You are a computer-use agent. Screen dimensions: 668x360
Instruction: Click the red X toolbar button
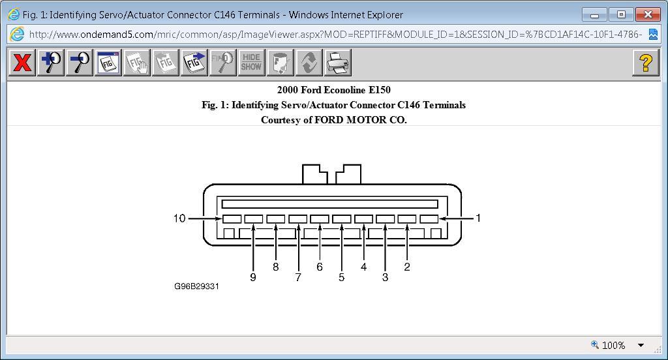(x=22, y=63)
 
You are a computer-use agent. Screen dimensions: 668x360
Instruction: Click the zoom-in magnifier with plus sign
(x=51, y=63)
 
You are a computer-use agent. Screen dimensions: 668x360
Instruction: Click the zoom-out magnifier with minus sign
(x=80, y=63)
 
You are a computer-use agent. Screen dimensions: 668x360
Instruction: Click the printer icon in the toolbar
(x=337, y=63)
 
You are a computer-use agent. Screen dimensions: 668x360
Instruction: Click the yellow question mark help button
(x=645, y=63)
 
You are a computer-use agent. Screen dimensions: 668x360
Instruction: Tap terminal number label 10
(x=179, y=218)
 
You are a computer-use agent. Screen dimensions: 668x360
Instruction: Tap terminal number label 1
(x=478, y=218)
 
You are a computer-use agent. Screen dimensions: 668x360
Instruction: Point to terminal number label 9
(x=253, y=277)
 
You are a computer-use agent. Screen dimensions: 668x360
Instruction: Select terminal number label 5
(x=341, y=277)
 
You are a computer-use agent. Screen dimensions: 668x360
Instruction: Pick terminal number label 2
(x=407, y=267)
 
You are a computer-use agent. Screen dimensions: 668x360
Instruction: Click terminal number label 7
(x=298, y=277)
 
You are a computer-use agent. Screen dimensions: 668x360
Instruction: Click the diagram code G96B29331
(x=196, y=286)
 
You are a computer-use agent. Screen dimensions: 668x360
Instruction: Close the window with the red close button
(x=647, y=14)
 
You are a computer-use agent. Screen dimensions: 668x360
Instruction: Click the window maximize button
(x=621, y=14)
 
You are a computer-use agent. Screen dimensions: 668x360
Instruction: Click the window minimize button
(x=594, y=14)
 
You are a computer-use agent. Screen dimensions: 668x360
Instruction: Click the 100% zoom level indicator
(x=613, y=345)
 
